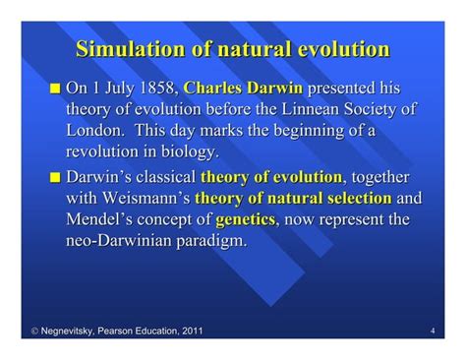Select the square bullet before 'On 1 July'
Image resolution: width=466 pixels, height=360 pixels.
point(55,89)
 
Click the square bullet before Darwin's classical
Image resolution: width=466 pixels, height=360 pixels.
point(55,177)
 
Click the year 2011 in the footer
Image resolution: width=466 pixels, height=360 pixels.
point(190,331)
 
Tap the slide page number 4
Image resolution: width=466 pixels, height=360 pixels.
point(433,331)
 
